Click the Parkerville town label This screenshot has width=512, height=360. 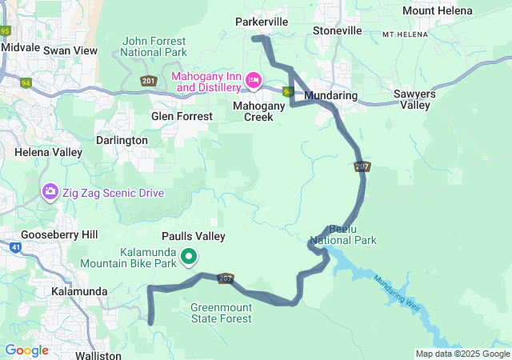(262, 22)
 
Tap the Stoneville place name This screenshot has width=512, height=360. (337, 30)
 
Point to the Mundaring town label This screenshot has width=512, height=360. (331, 95)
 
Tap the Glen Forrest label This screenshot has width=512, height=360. (182, 116)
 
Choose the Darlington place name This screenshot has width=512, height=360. (122, 140)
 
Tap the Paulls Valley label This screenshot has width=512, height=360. (193, 237)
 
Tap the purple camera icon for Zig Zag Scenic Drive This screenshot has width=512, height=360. (50, 192)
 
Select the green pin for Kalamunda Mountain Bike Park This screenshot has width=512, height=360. (189, 257)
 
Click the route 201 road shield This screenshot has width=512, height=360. (148, 81)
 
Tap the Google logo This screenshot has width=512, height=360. (26, 350)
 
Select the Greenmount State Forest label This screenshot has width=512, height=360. (221, 313)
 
